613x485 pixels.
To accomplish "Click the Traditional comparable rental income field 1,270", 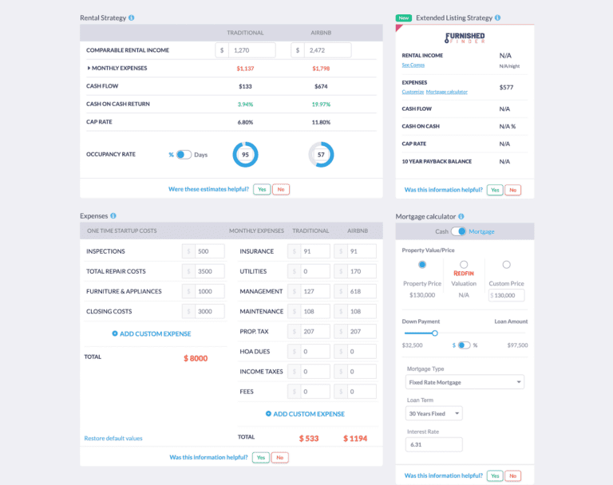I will (x=251, y=50).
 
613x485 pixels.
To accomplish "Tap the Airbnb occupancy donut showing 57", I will (x=321, y=154).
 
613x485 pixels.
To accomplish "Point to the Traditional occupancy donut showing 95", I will (x=245, y=154).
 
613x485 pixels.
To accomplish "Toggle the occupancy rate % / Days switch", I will (x=184, y=154).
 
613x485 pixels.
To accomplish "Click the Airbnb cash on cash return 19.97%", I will (x=321, y=104).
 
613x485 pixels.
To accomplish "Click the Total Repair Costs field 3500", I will (x=210, y=271).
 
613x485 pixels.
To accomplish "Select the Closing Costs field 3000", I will (x=210, y=311).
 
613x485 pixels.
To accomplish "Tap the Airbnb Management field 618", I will (x=362, y=291).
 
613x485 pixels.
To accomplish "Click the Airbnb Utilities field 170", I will (x=362, y=271).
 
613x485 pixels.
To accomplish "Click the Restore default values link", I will (x=113, y=438).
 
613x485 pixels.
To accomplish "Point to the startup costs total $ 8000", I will (x=196, y=358).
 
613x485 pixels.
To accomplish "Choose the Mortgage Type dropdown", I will (x=465, y=382).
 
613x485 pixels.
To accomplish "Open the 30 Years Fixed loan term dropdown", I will (x=435, y=414).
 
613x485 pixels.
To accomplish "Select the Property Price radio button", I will (x=422, y=265).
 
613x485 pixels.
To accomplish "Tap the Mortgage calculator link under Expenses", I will (x=447, y=92).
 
